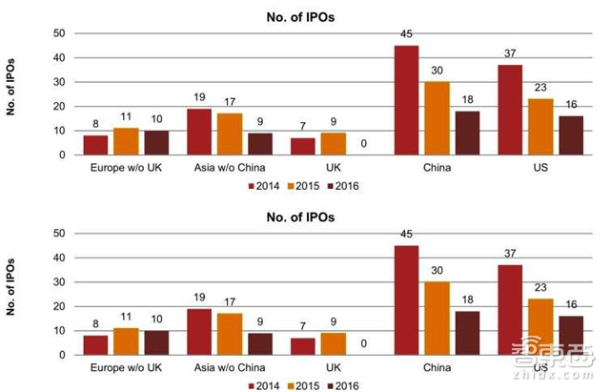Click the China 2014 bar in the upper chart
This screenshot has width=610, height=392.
pos(406,100)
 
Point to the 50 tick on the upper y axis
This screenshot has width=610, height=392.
pos(59,33)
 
